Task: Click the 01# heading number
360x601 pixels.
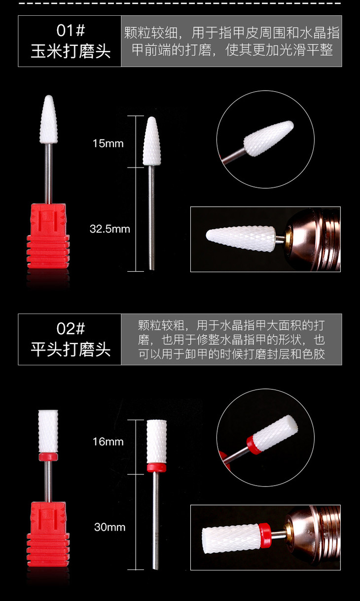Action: click(x=71, y=30)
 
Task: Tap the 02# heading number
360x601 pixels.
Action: click(x=71, y=328)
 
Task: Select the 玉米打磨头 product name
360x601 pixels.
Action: click(x=71, y=51)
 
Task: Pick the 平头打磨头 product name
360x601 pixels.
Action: click(x=71, y=350)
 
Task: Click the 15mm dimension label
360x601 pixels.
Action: click(x=108, y=143)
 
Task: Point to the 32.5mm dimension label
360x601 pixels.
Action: click(x=110, y=229)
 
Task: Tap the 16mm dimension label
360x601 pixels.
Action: click(x=108, y=442)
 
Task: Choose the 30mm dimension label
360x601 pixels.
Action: click(x=110, y=527)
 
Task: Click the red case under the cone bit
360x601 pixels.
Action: click(x=48, y=236)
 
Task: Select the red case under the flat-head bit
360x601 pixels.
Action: click(x=48, y=534)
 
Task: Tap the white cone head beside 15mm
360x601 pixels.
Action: click(x=152, y=141)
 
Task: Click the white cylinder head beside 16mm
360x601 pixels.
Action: click(x=156, y=441)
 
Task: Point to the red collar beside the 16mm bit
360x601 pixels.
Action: click(x=156, y=468)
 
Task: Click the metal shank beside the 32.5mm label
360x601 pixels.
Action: click(x=152, y=217)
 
